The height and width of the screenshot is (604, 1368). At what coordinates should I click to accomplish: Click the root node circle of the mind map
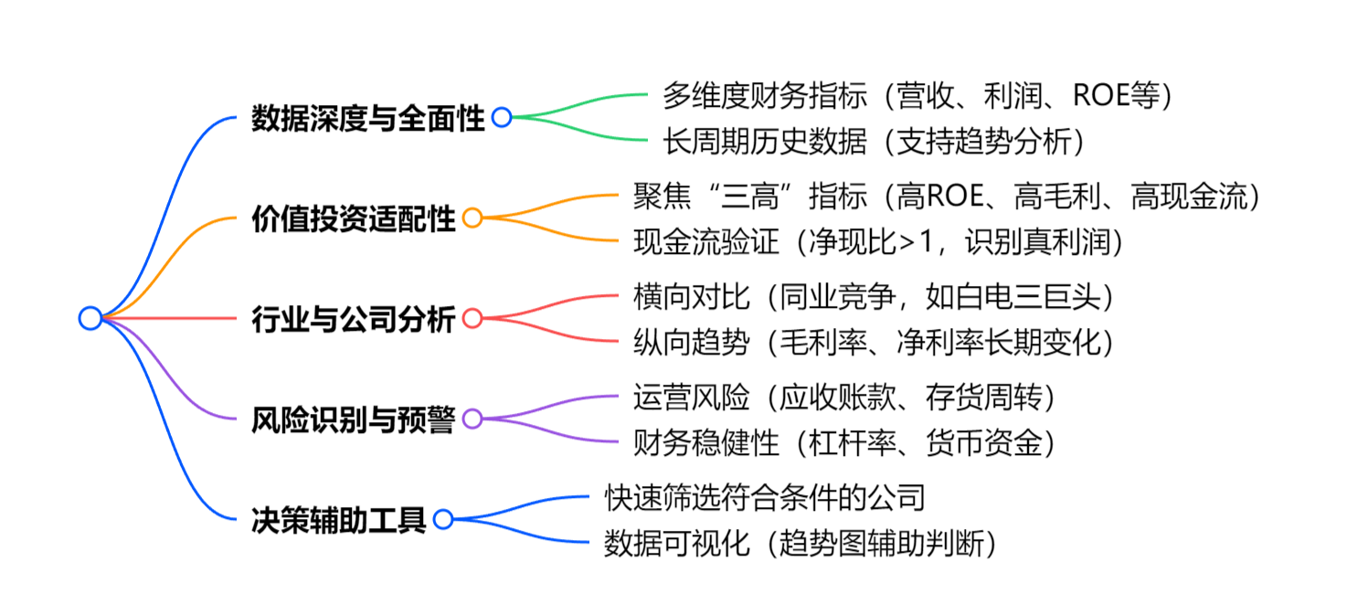(x=90, y=318)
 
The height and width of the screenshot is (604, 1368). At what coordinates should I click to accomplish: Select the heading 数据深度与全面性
(x=367, y=119)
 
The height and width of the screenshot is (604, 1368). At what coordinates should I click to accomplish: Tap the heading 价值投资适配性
(x=353, y=219)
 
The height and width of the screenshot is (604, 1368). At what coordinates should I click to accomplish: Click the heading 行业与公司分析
(x=353, y=320)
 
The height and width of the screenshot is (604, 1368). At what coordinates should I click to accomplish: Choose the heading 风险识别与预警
(x=353, y=420)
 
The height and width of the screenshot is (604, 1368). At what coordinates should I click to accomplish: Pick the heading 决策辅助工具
(x=338, y=521)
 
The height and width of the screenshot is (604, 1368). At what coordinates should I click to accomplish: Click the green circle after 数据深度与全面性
(x=501, y=118)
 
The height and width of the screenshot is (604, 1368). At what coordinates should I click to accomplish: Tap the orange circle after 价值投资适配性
(x=472, y=218)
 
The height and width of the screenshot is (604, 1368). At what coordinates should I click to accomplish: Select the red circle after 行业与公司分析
(x=472, y=319)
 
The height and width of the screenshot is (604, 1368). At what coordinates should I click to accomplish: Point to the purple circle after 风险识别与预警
(x=472, y=419)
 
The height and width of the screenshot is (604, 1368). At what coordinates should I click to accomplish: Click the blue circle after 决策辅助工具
(x=443, y=520)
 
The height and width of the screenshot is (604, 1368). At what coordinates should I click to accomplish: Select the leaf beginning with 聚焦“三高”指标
(x=947, y=195)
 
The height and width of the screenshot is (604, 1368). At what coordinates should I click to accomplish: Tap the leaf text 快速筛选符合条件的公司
(x=766, y=497)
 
